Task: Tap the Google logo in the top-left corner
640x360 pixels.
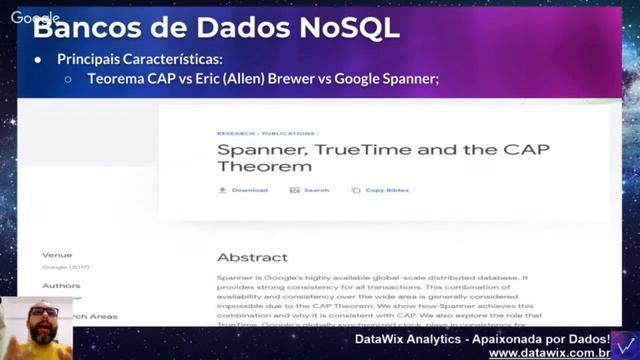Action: coord(36,18)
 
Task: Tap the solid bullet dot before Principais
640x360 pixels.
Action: coord(38,60)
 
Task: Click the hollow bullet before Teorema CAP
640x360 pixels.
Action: coord(68,79)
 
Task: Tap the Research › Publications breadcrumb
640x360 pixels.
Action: coord(267,132)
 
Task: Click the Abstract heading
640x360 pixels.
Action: coord(252,256)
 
